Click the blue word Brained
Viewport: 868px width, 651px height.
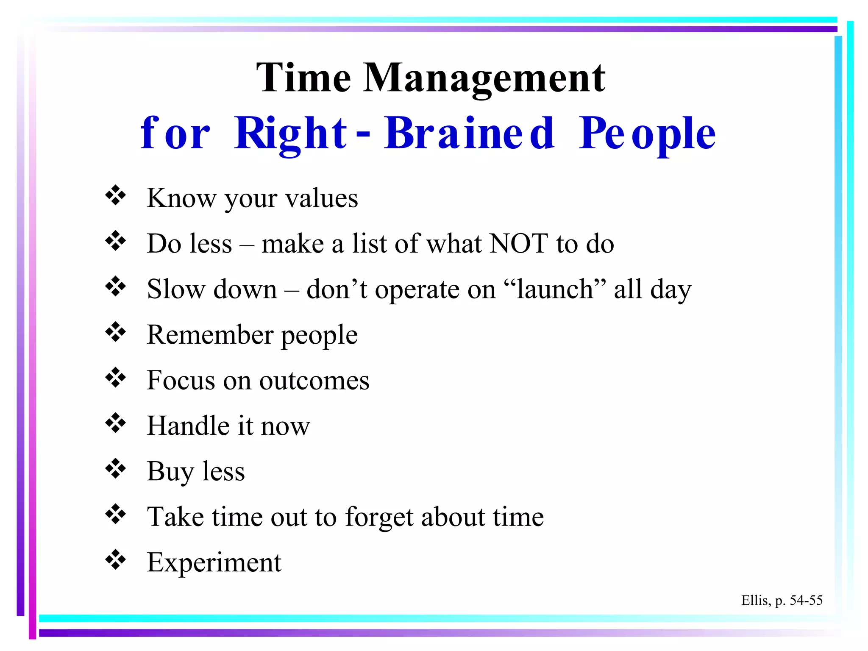click(469, 134)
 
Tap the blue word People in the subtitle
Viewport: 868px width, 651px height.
click(647, 134)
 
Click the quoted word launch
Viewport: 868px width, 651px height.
click(555, 289)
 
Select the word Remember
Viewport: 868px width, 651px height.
click(210, 335)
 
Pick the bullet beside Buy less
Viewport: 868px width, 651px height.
click(116, 468)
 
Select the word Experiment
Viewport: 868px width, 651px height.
click(214, 563)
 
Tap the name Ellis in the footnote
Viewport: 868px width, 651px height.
click(755, 600)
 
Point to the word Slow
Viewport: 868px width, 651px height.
click(176, 289)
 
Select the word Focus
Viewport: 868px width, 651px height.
click(181, 381)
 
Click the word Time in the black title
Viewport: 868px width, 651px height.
click(303, 78)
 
